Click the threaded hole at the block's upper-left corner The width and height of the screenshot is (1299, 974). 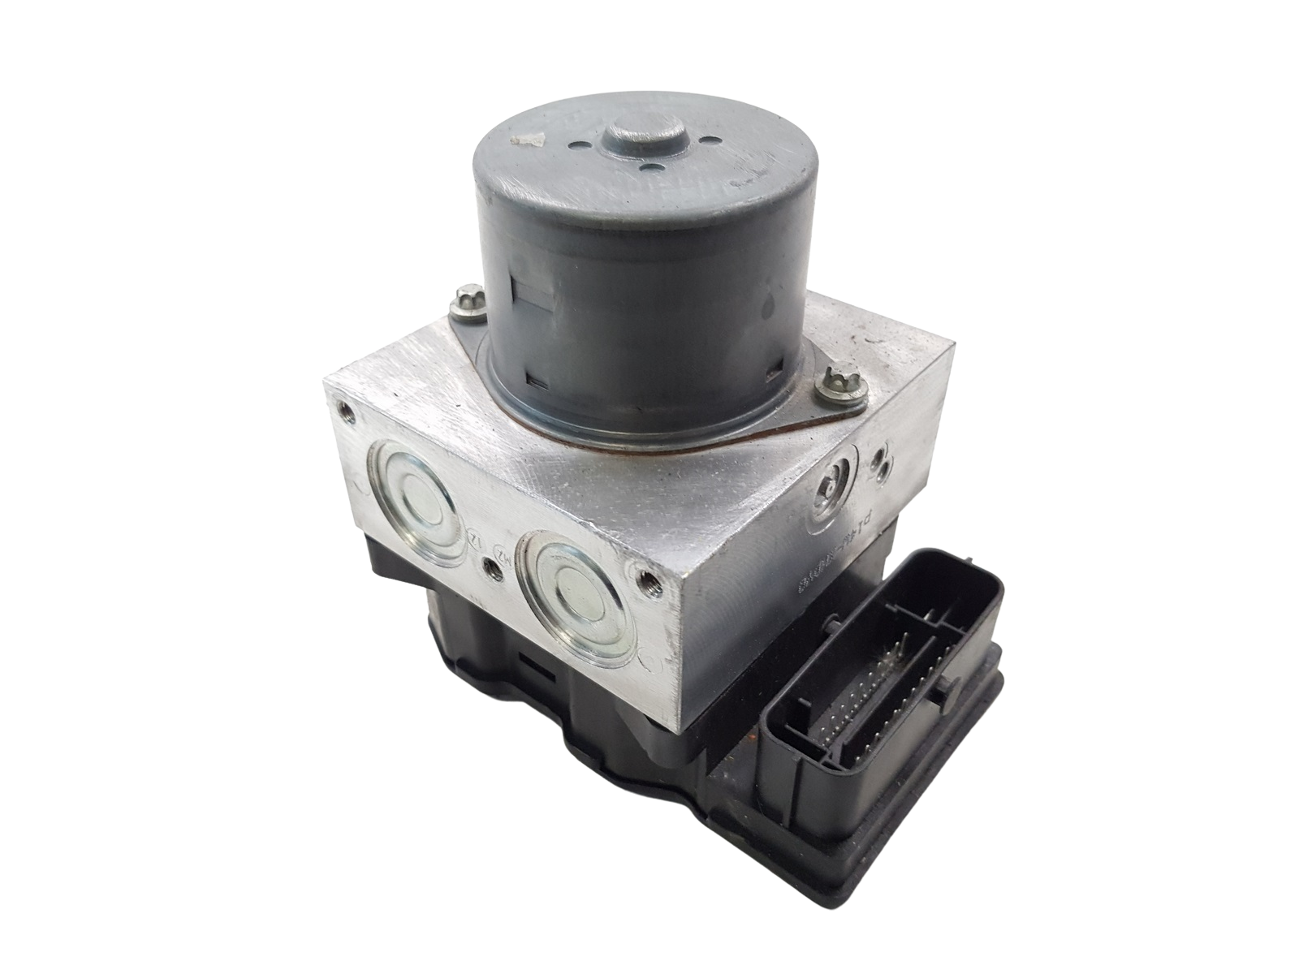point(348,415)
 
